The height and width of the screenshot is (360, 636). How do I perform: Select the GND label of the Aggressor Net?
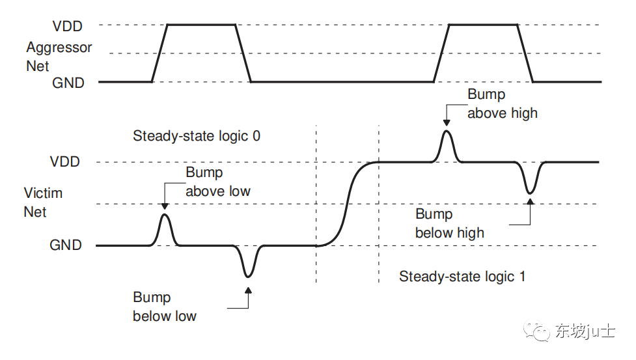tap(68, 83)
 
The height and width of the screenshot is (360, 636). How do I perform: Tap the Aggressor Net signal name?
tap(59, 57)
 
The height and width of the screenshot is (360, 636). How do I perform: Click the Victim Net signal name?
tap(43, 202)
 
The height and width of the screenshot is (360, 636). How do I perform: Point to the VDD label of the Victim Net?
tap(66, 162)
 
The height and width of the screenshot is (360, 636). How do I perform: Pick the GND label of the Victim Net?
tap(66, 245)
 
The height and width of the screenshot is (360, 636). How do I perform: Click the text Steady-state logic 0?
tap(197, 136)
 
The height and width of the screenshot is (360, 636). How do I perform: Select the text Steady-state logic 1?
tap(462, 277)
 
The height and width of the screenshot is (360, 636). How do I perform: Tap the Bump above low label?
tap(217, 182)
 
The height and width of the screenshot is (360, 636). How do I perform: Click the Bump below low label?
tap(165, 307)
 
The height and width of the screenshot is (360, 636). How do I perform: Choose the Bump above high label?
tap(502, 104)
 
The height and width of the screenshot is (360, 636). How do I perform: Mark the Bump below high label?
tap(449, 223)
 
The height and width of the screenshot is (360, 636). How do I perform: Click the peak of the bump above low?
tap(165, 214)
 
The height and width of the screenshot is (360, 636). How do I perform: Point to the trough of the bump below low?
tap(248, 276)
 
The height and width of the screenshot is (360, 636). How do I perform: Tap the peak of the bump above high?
tap(447, 131)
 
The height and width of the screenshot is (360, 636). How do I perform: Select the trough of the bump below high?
tap(531, 193)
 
